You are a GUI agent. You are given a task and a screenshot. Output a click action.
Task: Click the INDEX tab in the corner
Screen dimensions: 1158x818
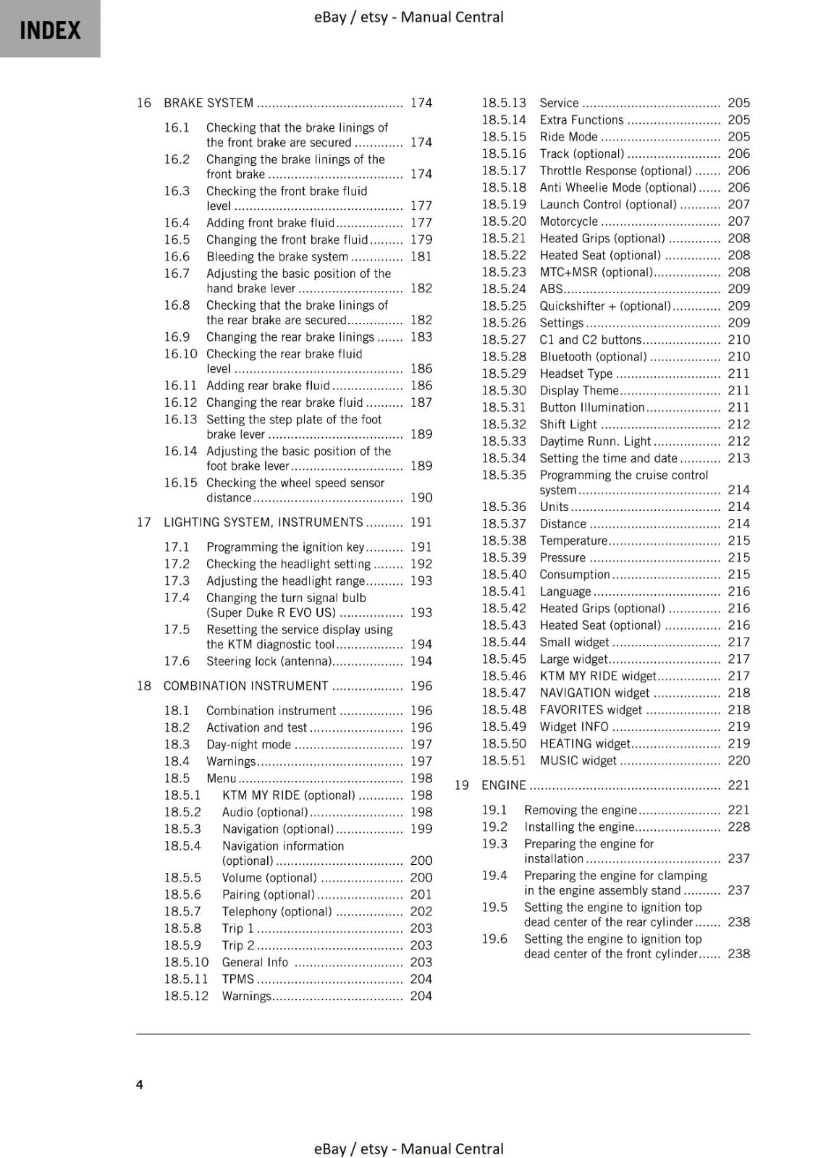[50, 30]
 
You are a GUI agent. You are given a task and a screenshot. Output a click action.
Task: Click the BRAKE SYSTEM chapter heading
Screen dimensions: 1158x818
[208, 103]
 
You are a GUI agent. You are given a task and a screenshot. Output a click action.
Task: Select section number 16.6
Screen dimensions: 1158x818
[177, 256]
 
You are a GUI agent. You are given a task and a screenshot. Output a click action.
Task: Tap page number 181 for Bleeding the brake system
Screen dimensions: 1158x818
[421, 256]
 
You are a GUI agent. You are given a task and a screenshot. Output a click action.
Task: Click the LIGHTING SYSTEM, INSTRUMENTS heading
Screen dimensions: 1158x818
[263, 522]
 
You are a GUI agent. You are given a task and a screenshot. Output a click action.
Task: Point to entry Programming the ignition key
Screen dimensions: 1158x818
[285, 547]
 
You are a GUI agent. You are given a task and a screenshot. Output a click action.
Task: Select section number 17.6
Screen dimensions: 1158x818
[177, 661]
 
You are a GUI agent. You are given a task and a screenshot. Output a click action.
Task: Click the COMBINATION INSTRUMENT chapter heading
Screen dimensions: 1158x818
[245, 685]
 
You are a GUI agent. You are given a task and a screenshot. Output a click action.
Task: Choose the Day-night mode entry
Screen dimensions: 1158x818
[248, 744]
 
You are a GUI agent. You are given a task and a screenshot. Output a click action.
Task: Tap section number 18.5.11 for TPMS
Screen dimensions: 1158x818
[186, 979]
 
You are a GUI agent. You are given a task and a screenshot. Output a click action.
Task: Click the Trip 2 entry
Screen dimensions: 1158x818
[238, 945]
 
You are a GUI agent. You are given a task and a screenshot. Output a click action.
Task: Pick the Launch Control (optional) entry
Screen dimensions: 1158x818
[608, 204]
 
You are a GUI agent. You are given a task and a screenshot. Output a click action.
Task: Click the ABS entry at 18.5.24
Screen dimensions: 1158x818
[551, 289]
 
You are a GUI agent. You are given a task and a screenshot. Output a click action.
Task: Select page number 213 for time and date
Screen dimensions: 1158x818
[738, 458]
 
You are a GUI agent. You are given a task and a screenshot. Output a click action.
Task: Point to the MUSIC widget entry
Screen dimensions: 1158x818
[578, 760]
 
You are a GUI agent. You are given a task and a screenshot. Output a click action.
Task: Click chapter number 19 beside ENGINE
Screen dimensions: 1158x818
[462, 785]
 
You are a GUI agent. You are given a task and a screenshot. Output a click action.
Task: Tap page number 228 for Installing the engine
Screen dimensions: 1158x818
[738, 827]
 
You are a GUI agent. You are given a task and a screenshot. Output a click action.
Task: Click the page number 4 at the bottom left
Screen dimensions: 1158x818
[140, 1084]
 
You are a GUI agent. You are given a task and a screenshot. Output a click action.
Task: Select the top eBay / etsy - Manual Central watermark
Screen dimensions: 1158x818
[408, 17]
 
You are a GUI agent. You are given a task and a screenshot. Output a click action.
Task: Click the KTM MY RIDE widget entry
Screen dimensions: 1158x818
[597, 675]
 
